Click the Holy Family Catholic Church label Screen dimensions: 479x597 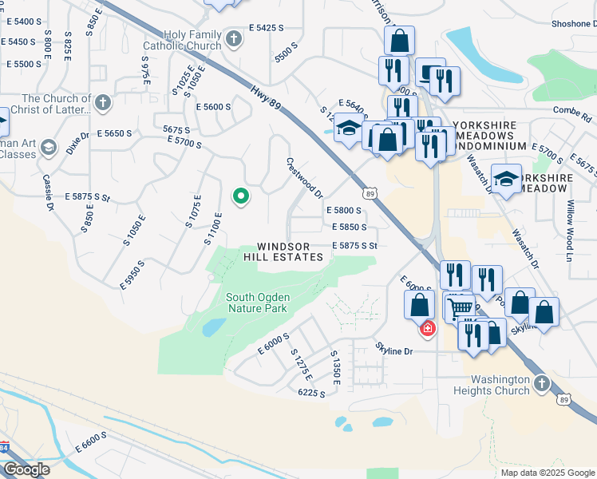coord(181,41)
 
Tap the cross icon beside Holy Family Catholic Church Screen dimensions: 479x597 coord(233,38)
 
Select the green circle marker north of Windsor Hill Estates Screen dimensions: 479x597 coord(239,196)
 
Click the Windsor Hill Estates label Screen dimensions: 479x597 coord(290,251)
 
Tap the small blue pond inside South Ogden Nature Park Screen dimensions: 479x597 coord(213,327)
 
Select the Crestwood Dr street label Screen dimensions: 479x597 coord(304,177)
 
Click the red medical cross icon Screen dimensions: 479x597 coord(428,328)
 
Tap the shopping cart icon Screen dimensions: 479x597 coord(459,307)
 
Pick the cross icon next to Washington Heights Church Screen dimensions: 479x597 coord(541,384)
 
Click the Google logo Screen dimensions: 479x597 coord(26,469)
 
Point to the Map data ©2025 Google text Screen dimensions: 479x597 coord(547,473)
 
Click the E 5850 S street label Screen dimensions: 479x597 coord(349,228)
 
